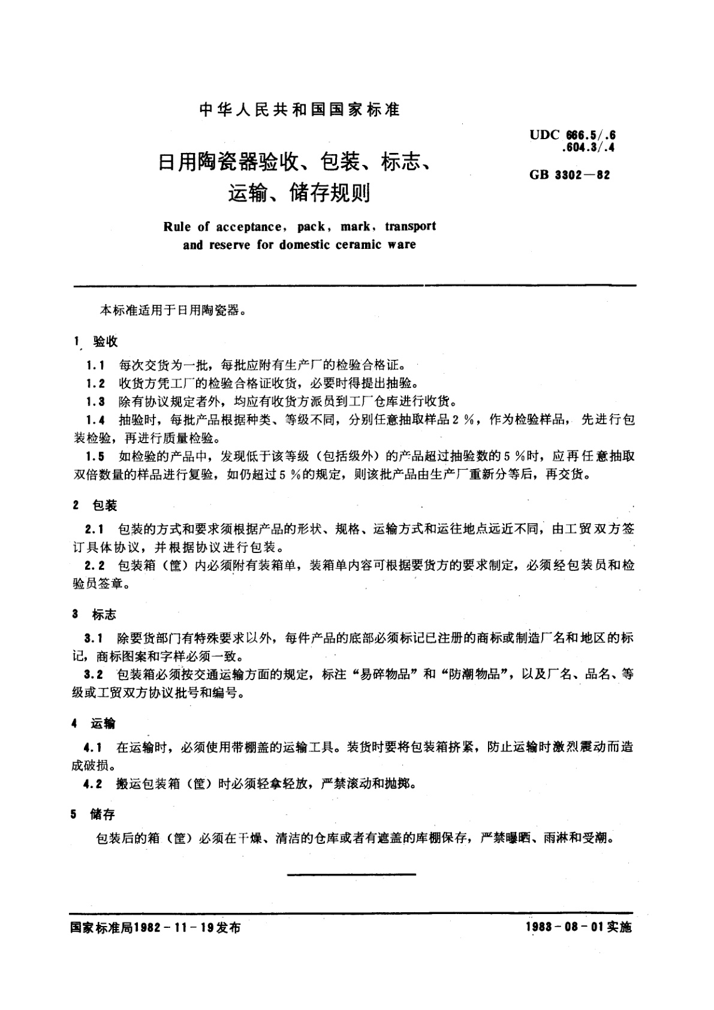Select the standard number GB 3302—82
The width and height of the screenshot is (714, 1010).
(570, 176)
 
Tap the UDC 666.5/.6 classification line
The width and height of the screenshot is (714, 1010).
(573, 136)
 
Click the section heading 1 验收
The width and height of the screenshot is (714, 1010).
(96, 341)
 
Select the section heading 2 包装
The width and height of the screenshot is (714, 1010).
(96, 506)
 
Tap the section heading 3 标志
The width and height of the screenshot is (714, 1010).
(96, 615)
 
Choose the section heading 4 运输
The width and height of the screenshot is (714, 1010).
(96, 724)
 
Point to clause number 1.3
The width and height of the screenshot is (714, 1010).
(95, 401)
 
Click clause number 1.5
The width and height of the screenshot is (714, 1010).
(95, 456)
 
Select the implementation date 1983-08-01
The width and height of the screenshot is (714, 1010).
(565, 927)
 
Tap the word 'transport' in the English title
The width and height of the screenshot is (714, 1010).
(410, 227)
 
